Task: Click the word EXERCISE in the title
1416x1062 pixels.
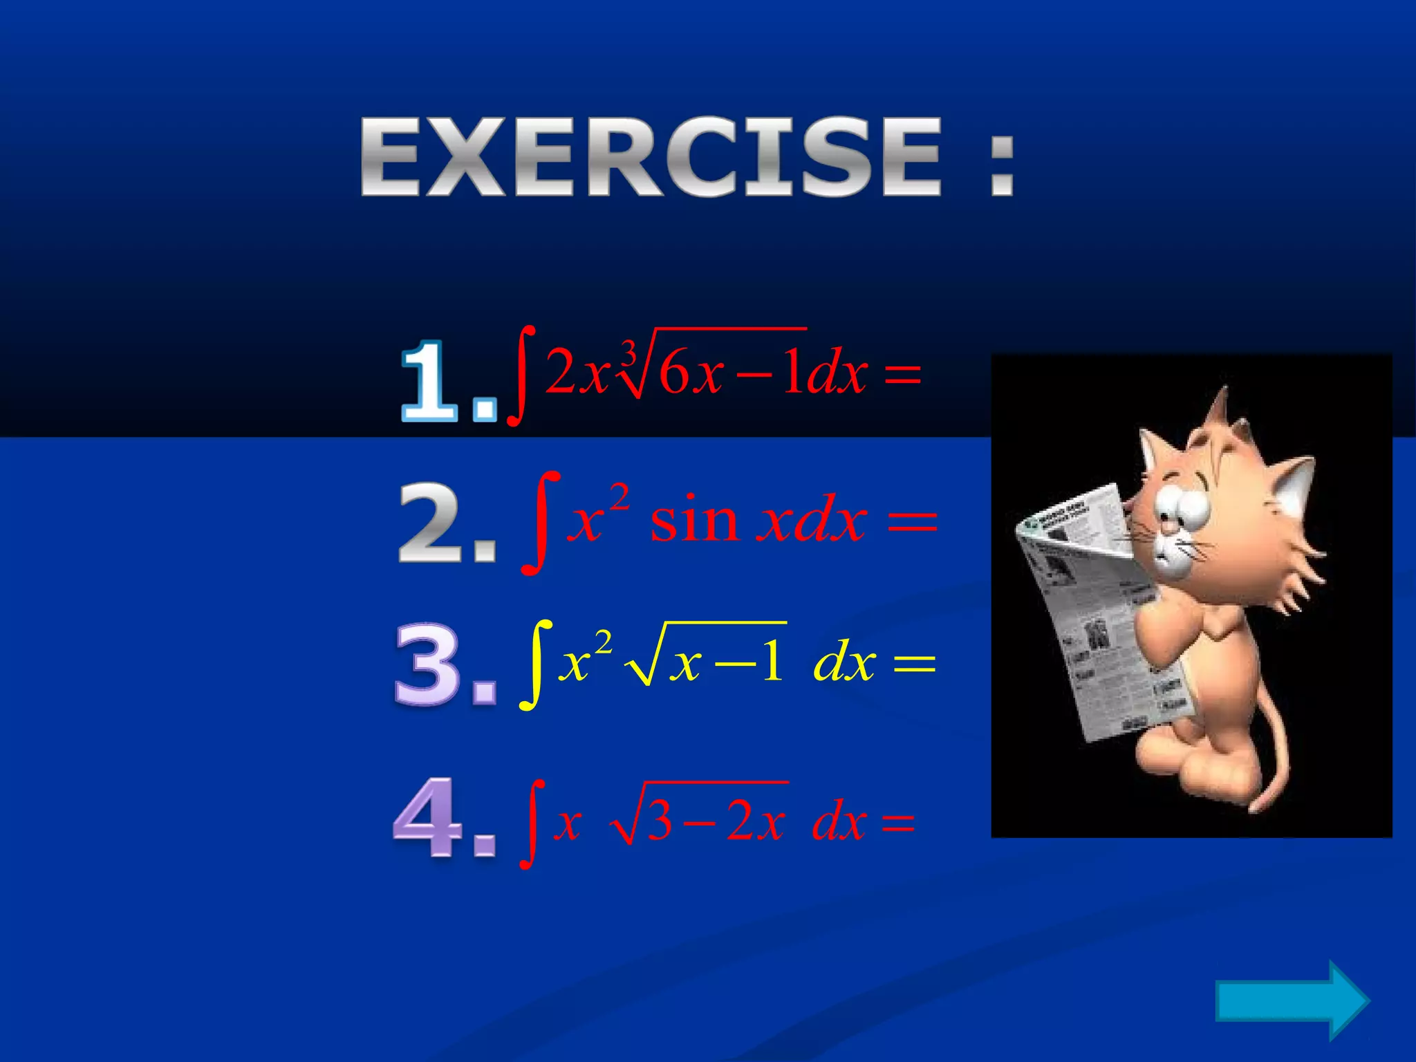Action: (x=650, y=157)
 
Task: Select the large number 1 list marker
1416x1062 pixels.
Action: (x=430, y=382)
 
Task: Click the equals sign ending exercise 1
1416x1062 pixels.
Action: (x=902, y=377)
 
